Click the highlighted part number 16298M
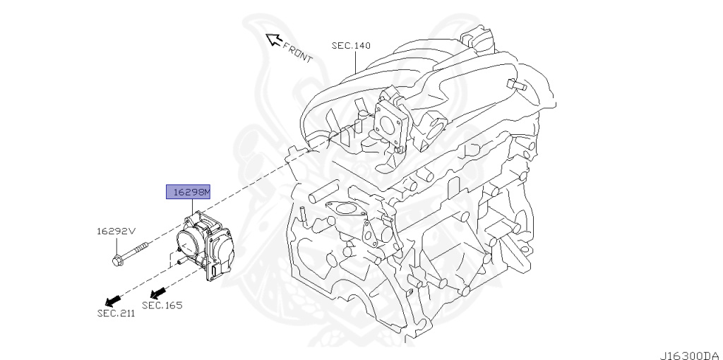(x=187, y=191)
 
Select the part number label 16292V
(x=115, y=231)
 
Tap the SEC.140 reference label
(x=351, y=46)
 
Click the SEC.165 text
(x=162, y=305)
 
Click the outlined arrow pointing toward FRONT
(x=271, y=40)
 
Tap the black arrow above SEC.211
(x=110, y=296)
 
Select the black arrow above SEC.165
(x=158, y=291)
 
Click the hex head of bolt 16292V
(x=116, y=260)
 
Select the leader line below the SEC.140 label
(x=357, y=64)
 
